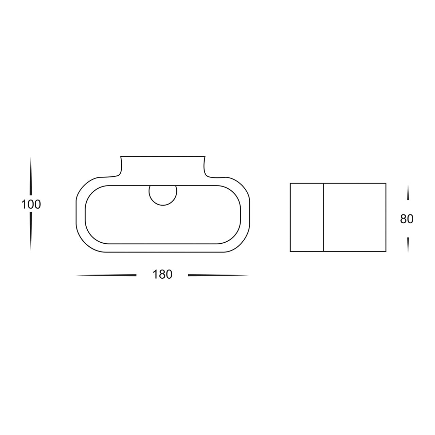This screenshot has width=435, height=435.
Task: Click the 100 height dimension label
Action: [x=31, y=205]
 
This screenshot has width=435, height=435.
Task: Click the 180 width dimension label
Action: [x=162, y=275]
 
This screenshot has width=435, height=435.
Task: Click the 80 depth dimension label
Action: [x=406, y=219]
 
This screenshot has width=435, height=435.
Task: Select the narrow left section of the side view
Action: [x=307, y=217]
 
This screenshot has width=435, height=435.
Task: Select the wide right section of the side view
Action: [x=355, y=217]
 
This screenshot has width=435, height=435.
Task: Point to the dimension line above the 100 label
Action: [x=31, y=177]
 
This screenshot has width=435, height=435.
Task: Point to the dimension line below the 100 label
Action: [x=31, y=231]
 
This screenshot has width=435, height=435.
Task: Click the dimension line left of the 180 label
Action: [x=106, y=275]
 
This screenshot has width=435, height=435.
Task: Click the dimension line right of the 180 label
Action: [x=218, y=275]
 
